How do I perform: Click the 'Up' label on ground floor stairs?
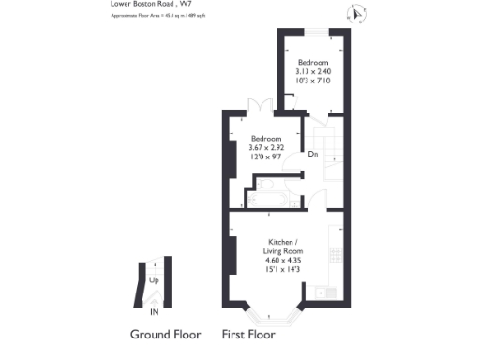pyautogui.click(x=152, y=278)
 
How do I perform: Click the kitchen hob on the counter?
pyautogui.click(x=335, y=254)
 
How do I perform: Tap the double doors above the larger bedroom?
pyautogui.click(x=260, y=107)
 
